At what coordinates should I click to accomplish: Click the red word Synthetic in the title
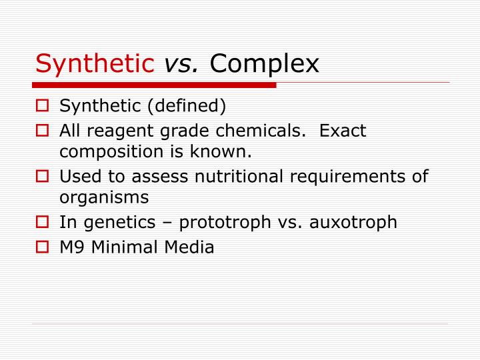click(95, 63)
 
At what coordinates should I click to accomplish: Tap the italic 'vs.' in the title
click(182, 63)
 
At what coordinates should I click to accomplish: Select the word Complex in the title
click(265, 63)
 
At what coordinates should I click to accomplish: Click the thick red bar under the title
click(154, 85)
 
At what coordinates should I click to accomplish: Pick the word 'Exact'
click(343, 131)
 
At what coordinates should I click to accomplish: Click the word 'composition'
click(109, 152)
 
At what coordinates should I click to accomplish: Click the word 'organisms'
click(104, 198)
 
